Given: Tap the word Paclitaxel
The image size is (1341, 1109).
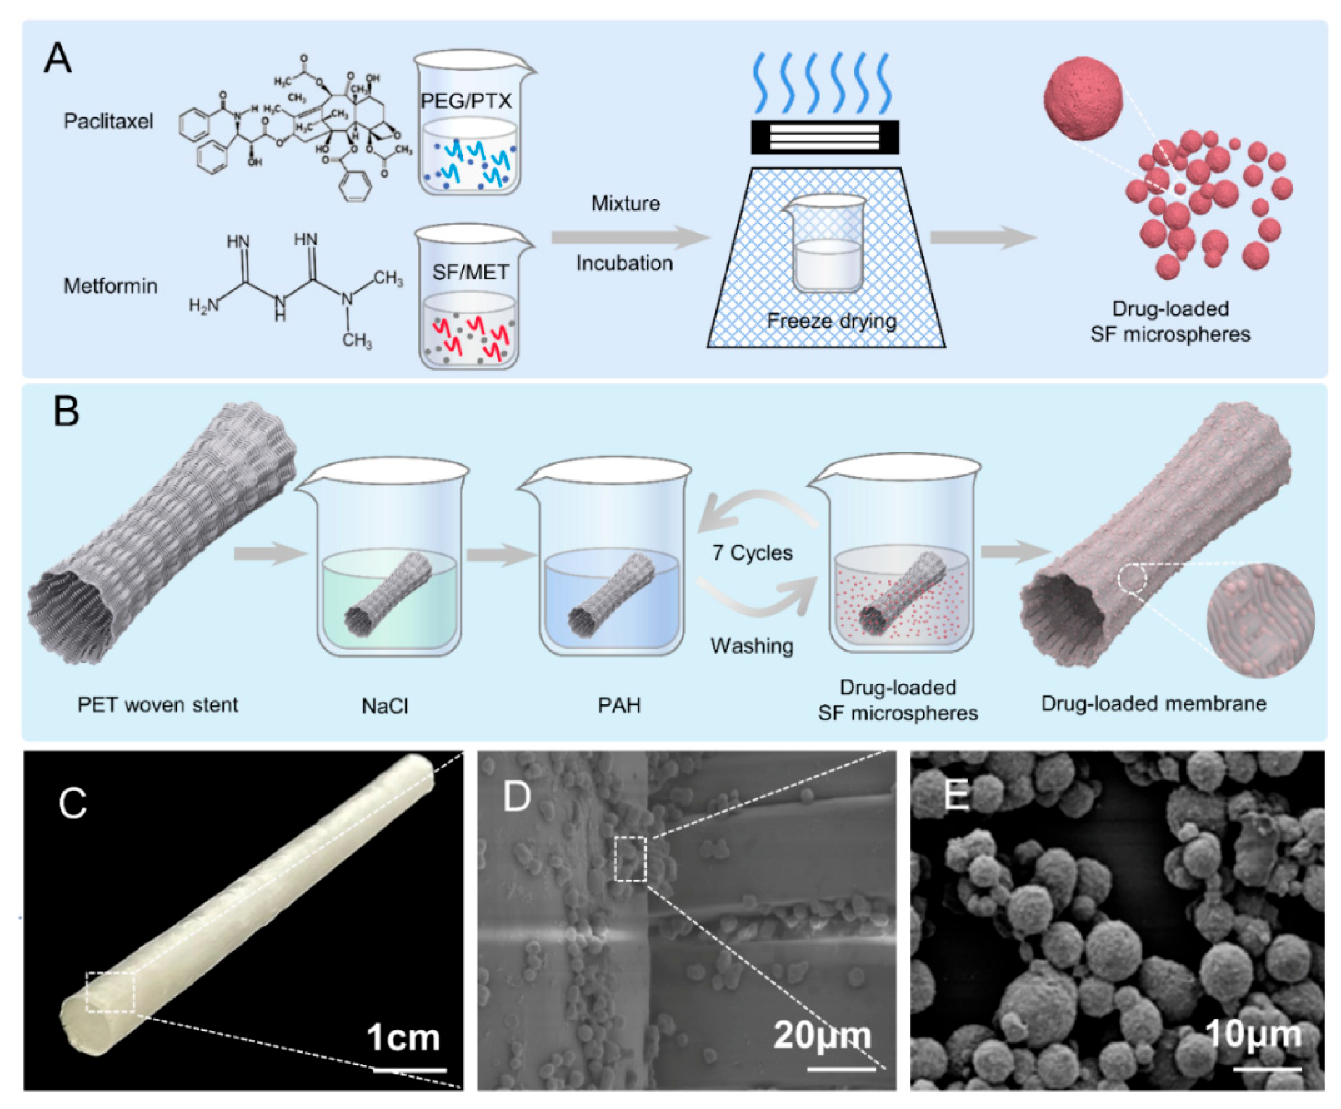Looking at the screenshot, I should (x=109, y=122).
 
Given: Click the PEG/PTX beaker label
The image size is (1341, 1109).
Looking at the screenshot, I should (x=466, y=101).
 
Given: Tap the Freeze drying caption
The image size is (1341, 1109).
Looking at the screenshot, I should (x=831, y=321).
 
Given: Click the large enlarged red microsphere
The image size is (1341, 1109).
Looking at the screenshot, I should (x=1083, y=98).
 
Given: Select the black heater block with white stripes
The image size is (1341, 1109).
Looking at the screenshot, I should (x=825, y=137).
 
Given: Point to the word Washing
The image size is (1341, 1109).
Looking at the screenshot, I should (x=752, y=646).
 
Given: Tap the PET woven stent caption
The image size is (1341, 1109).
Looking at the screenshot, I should (x=158, y=705).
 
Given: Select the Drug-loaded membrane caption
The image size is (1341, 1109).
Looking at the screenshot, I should (x=1154, y=703).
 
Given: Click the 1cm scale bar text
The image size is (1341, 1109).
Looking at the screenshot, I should (x=404, y=1038).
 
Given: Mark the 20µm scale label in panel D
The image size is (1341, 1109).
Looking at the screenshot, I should (x=822, y=1035).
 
